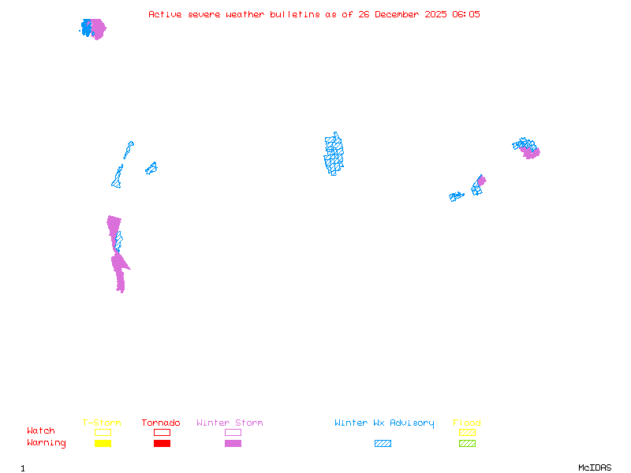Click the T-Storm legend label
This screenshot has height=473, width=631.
point(102,423)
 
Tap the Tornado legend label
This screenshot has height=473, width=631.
point(161,423)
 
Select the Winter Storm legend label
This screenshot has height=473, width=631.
point(230,423)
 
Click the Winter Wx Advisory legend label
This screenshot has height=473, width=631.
point(384,423)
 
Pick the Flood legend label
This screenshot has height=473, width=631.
point(467,423)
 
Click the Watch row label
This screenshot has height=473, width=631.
point(41,431)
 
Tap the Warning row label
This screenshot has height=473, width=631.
point(46,443)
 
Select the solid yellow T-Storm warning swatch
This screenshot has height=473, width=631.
point(103,444)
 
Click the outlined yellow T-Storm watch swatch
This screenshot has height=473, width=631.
point(103,432)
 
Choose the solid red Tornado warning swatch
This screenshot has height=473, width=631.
point(162,444)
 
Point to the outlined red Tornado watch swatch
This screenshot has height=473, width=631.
point(162,432)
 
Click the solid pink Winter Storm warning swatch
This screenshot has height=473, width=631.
point(233,444)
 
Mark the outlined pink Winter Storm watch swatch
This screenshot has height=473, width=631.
point(233,432)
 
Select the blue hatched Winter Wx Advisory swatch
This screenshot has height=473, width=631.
point(383,444)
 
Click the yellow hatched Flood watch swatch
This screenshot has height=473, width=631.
point(467,432)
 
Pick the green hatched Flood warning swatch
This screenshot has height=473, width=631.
point(467,444)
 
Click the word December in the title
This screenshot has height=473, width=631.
point(398,14)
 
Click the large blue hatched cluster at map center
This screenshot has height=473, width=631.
point(334,154)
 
